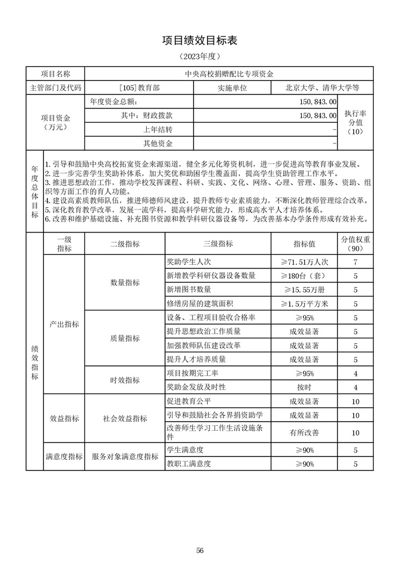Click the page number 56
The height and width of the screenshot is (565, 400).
(200, 550)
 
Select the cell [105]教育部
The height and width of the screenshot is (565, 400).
(139, 88)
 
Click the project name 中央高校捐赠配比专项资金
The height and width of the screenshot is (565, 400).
(229, 74)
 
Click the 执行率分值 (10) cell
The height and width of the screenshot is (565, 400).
(355, 122)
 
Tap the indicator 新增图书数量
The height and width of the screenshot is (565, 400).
(196, 290)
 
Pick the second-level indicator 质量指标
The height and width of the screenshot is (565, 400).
(125, 338)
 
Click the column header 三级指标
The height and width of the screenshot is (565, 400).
(218, 244)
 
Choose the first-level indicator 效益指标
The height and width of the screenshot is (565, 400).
(64, 418)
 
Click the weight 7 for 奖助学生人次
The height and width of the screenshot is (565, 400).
(355, 262)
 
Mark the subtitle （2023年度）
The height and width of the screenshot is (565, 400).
(199, 56)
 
